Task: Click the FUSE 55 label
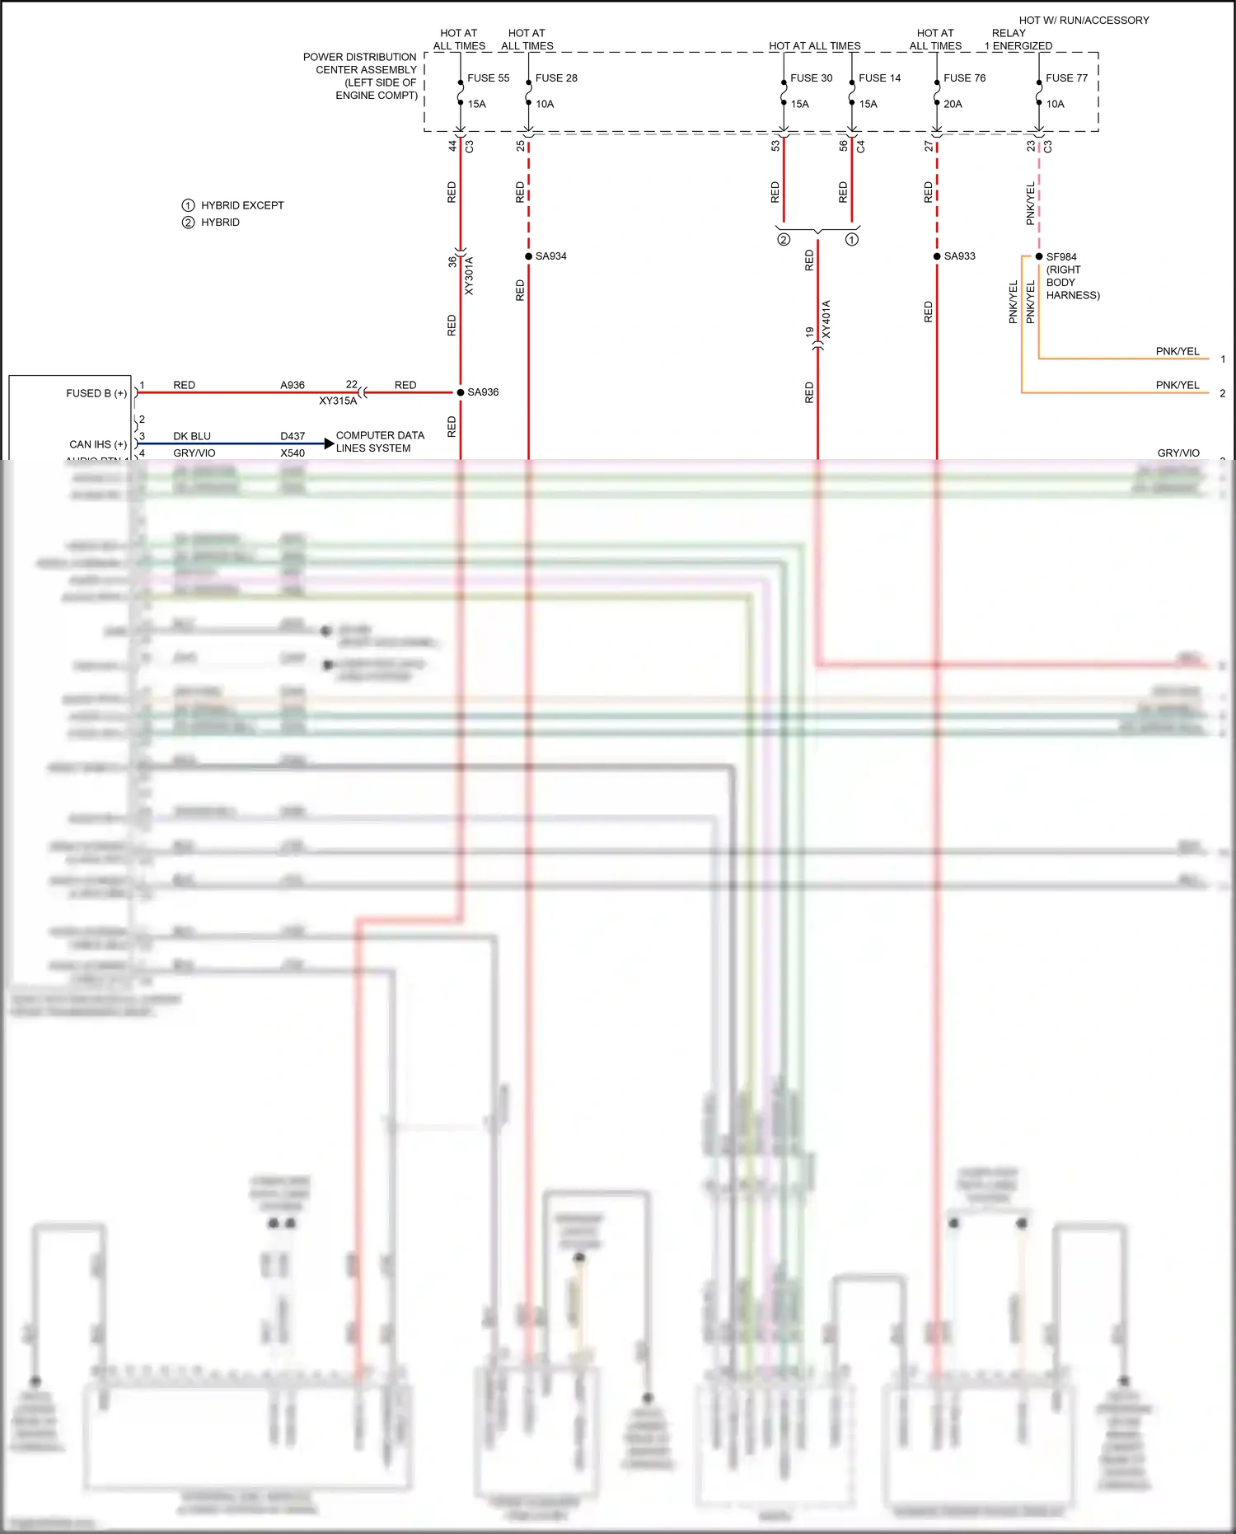[x=488, y=78]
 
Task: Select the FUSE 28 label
[x=556, y=78]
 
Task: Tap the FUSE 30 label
[x=811, y=78]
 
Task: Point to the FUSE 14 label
[x=879, y=78]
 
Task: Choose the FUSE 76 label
[x=964, y=78]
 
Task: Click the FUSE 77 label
[x=1066, y=78]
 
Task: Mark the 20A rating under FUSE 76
[x=953, y=104]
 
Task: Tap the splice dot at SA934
[x=528, y=256]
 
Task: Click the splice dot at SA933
[x=937, y=256]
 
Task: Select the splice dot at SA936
[x=461, y=392]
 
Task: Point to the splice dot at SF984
[x=1039, y=256]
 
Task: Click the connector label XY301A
[x=469, y=275]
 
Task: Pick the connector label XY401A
[x=826, y=320]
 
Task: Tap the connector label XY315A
[x=338, y=401]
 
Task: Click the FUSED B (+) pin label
[x=96, y=393]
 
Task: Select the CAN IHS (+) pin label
[x=98, y=444]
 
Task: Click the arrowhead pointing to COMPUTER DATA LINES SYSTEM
[x=330, y=443]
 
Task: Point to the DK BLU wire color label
[x=192, y=436]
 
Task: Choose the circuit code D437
[x=293, y=436]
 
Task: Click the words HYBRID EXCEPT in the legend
[x=242, y=205]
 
